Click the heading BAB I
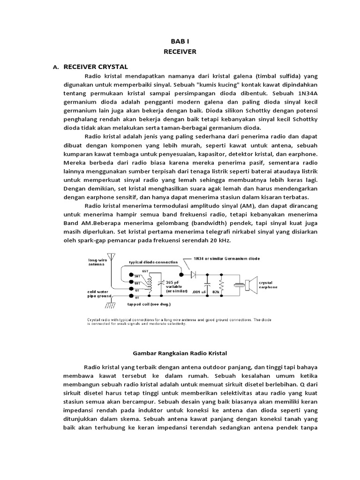point(180,42)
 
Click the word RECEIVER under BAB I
point(180,52)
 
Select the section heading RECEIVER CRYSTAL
point(96,67)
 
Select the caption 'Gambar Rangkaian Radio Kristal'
point(180,352)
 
